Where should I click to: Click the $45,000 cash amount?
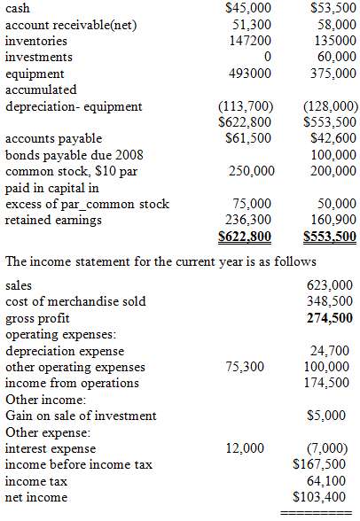coord(249,8)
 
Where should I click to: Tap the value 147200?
coord(252,41)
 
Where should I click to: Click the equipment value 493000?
coord(250,73)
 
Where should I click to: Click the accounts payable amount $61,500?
coord(249,138)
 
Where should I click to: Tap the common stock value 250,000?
coord(251,170)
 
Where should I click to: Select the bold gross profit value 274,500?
coord(329,318)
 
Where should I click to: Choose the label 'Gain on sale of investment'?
coord(81,416)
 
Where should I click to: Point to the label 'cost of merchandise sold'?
coord(75,301)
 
